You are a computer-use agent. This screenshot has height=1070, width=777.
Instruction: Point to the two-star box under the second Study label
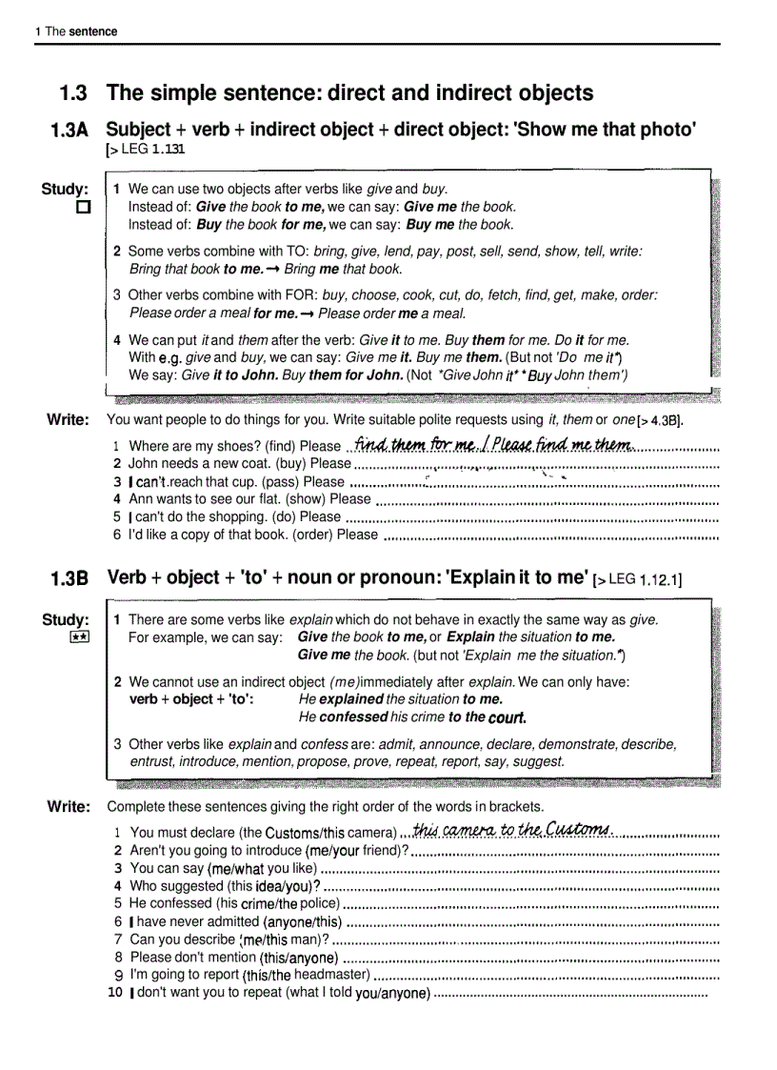[80, 638]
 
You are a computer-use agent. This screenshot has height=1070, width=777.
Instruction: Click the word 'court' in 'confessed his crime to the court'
[506, 717]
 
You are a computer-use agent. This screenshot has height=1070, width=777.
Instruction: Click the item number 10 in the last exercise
[115, 993]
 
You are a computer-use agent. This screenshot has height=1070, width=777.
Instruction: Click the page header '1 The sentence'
[76, 31]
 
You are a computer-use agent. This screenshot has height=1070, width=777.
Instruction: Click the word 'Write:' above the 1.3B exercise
[69, 807]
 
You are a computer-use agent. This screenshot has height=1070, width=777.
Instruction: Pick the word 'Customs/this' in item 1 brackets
[301, 833]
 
